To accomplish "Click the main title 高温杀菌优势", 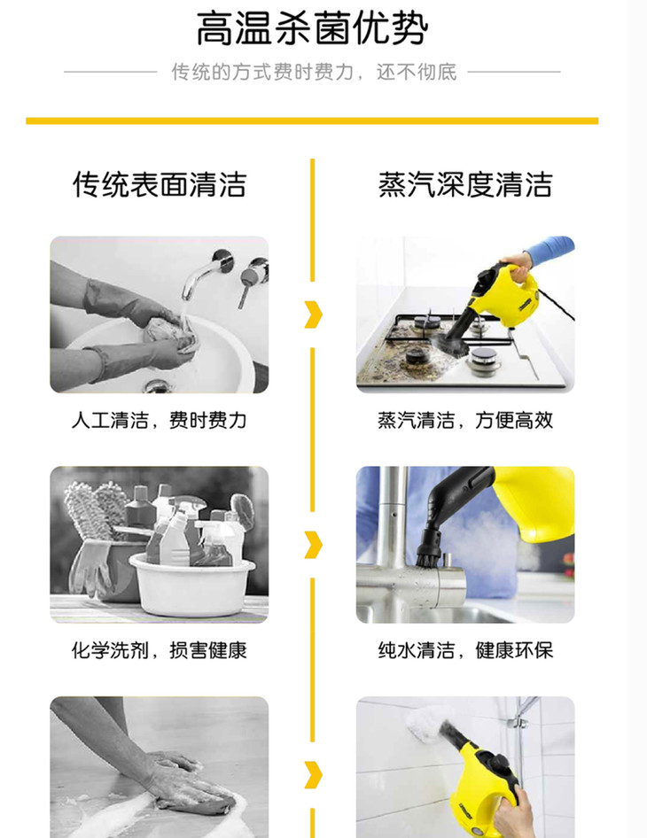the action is pos(312,29).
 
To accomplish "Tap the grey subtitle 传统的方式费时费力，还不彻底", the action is pos(314,72).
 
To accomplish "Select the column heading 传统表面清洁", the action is pos(160,185).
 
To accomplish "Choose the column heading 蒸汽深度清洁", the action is pos(465,185).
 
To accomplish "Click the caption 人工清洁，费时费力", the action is pos(160,421).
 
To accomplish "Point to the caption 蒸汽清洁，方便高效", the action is pos(465,421).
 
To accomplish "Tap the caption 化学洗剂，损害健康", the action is pos(160,650).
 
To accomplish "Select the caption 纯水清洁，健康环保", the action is pos(465,650).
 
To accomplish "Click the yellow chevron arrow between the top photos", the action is pos(314,314).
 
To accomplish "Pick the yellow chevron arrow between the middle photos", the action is pos(314,545).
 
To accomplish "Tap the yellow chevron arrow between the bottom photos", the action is pos(314,775).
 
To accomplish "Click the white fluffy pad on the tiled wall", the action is pos(428,724).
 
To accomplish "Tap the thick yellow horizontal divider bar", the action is pos(312,120).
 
